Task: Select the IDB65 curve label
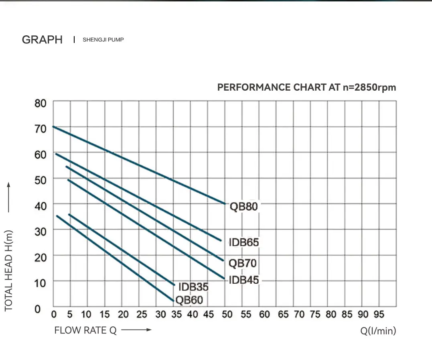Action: (244, 242)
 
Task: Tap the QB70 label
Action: (242, 263)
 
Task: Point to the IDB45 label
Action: (244, 280)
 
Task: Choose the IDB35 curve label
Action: (193, 287)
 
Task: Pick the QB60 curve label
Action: (189, 300)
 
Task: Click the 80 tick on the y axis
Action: (41, 103)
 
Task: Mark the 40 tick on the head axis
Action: (41, 205)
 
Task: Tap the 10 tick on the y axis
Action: (41, 283)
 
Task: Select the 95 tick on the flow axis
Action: (379, 314)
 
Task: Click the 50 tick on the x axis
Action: (227, 314)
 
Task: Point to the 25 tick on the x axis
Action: (142, 314)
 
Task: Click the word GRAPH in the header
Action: (42, 40)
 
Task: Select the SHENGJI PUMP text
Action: (103, 40)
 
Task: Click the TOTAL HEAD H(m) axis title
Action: (9, 271)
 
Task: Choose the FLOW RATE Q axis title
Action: (85, 330)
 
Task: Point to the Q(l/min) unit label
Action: (378, 331)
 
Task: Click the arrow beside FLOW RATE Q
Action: (136, 330)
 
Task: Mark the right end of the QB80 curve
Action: (225, 203)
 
